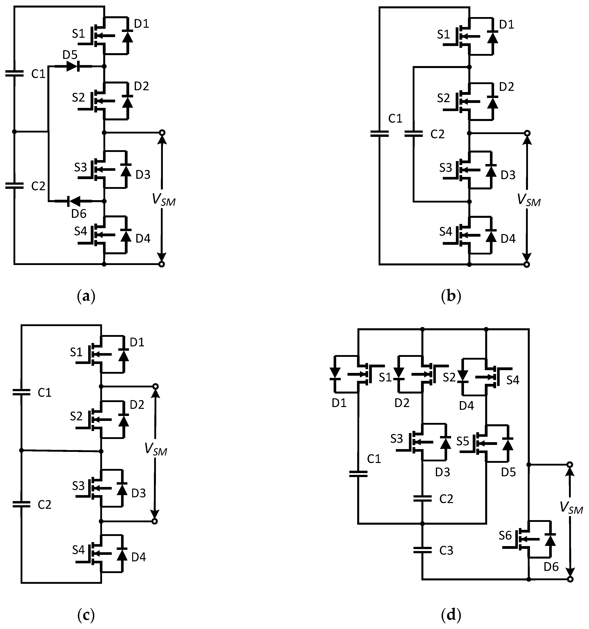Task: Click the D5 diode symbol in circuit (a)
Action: coord(73,66)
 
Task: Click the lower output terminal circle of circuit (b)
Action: coord(526,264)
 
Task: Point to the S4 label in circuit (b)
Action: coord(446,232)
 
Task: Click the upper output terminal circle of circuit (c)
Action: coord(155,387)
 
